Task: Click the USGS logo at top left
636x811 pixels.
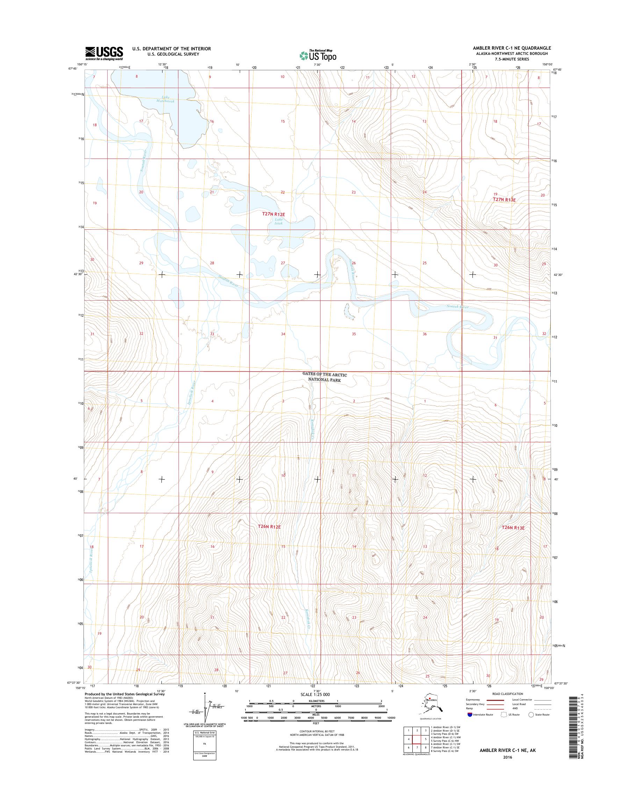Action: (x=104, y=53)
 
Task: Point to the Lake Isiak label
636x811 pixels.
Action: (x=279, y=221)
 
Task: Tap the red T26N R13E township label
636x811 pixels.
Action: (x=513, y=527)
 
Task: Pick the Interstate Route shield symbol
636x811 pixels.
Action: (x=470, y=715)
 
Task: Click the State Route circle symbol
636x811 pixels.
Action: (x=531, y=715)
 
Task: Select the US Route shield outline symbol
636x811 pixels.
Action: (x=505, y=715)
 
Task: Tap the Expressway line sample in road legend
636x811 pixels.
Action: (x=491, y=699)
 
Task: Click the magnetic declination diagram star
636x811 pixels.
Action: (x=204, y=694)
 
